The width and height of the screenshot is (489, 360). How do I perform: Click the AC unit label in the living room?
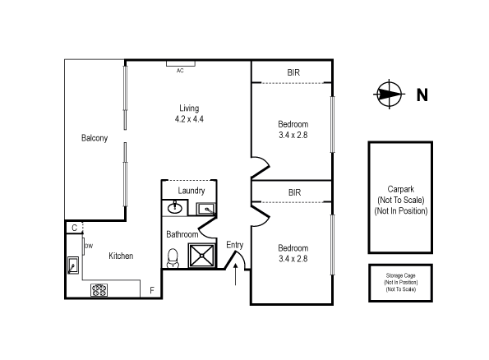(x=179, y=70)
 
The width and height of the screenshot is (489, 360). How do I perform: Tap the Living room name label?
(x=189, y=108)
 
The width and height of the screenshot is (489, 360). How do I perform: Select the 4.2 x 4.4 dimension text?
(x=189, y=119)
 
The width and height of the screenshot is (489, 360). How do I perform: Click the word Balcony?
(x=95, y=138)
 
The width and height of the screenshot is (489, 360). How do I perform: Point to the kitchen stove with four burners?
(x=100, y=289)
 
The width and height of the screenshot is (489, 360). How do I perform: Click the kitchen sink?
(x=73, y=265)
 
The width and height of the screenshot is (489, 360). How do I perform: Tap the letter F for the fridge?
(x=151, y=290)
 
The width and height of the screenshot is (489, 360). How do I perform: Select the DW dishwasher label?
(x=89, y=246)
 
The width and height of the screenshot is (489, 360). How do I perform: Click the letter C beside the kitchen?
(x=74, y=228)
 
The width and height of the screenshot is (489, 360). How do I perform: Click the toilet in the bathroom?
(x=173, y=260)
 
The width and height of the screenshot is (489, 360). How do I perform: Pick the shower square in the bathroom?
(x=202, y=256)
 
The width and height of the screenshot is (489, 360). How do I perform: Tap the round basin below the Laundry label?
(x=174, y=208)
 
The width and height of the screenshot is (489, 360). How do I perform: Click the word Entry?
(x=235, y=244)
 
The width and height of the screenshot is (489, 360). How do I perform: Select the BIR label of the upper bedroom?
(x=293, y=73)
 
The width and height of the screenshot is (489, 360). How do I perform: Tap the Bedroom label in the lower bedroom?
(x=293, y=248)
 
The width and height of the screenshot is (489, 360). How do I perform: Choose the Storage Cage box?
(x=399, y=282)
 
